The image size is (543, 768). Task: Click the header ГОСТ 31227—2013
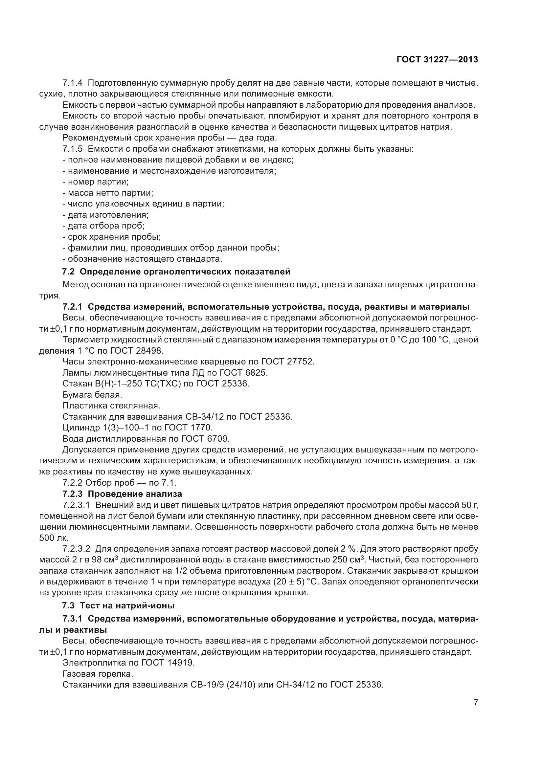pos(437,60)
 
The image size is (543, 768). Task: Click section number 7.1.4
pos(72,83)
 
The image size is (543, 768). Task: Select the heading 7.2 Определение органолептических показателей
pos(176,272)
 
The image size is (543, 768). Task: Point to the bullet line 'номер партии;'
pos(95,182)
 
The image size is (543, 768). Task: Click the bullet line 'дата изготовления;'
pos(105,215)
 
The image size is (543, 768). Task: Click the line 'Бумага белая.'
pos(92,395)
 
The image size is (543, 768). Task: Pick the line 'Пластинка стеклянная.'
pos(111,406)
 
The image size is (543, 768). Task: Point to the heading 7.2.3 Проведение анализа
pos(122,494)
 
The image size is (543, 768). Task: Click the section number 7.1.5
pos(72,149)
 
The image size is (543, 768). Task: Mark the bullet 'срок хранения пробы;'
pos(112,237)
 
